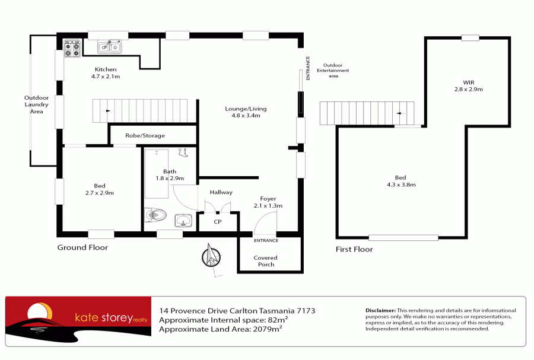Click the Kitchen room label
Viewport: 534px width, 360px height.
pyautogui.click(x=106, y=69)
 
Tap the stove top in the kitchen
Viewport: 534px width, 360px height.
pyautogui.click(x=72, y=48)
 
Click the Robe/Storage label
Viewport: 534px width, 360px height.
pyautogui.click(x=145, y=136)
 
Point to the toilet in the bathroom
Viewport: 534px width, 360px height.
pyautogui.click(x=155, y=215)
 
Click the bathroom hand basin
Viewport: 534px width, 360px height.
pyautogui.click(x=183, y=221)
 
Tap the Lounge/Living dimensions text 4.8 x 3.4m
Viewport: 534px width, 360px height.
pyautogui.click(x=246, y=116)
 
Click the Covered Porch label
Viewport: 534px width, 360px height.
pyautogui.click(x=265, y=261)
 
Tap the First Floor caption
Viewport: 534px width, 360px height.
pyautogui.click(x=354, y=250)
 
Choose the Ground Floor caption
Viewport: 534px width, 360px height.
pyautogui.click(x=82, y=247)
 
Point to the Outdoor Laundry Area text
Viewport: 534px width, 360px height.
pyautogui.click(x=36, y=104)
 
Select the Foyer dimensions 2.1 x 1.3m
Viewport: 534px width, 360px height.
pyautogui.click(x=268, y=206)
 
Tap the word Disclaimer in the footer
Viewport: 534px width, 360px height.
pyautogui.click(x=380, y=310)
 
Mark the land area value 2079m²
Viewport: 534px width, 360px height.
pyautogui.click(x=264, y=329)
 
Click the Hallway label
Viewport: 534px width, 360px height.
pyautogui.click(x=221, y=192)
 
